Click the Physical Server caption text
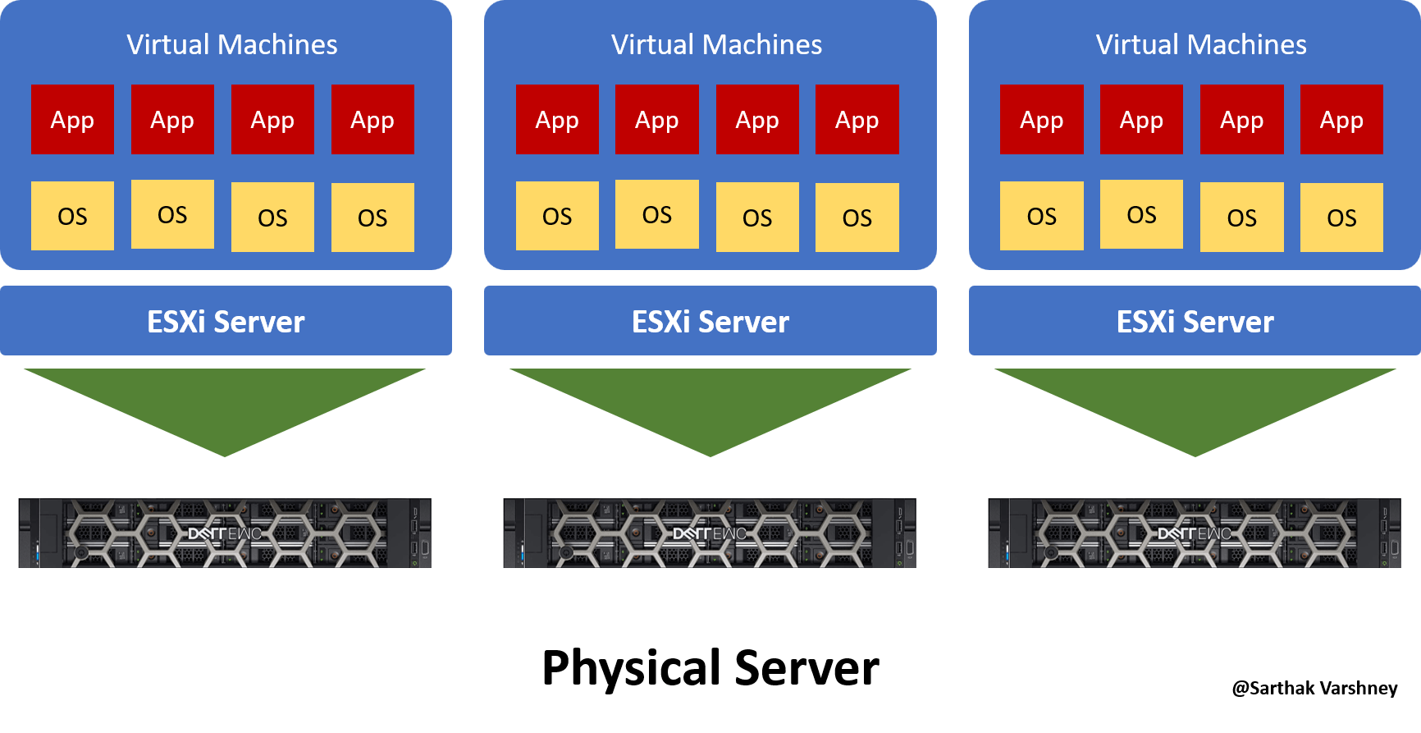[x=710, y=668]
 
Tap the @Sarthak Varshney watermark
[x=1314, y=688]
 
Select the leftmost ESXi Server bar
[x=226, y=321]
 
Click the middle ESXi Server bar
[x=710, y=321]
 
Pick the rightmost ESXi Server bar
[x=1195, y=321]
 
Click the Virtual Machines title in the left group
[x=232, y=44]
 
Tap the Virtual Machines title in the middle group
[x=716, y=44]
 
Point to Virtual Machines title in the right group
[x=1201, y=44]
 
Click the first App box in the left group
[x=72, y=120]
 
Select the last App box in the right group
[x=1341, y=120]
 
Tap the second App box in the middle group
[x=657, y=120]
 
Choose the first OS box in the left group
[x=72, y=216]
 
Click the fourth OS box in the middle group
[x=857, y=218]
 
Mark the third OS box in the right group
[x=1241, y=218]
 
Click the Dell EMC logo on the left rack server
[x=225, y=534]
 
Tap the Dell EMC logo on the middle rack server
[x=710, y=534]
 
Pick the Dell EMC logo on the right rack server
[x=1195, y=534]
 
